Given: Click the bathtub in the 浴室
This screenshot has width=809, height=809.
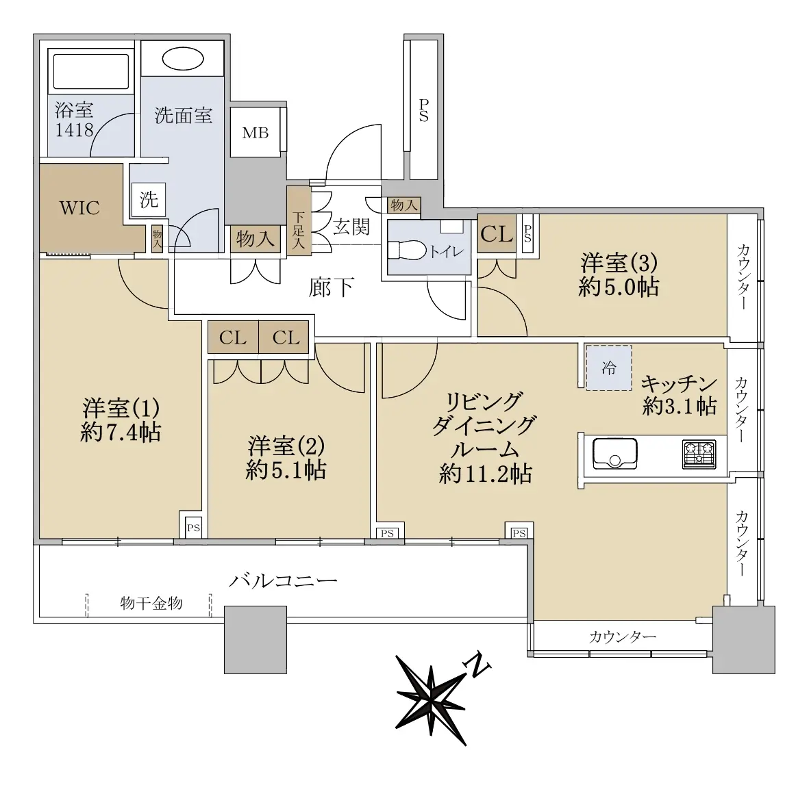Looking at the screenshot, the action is pos(91,71).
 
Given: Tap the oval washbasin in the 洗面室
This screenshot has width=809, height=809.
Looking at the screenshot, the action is pos(183,60).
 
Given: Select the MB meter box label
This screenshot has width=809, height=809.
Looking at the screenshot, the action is pos(256,133).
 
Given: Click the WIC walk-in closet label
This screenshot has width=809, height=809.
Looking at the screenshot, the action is pos(79,208).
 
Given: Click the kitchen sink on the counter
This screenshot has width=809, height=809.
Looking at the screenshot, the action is pos(614,453).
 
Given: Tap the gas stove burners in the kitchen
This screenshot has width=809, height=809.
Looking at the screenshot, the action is pos(699,454).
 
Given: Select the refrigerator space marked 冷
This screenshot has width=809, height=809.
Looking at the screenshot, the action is pos(609,368).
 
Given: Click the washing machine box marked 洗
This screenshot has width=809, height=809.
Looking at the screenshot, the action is pos(149,199).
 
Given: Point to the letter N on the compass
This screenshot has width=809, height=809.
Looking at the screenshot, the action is pos(477,666).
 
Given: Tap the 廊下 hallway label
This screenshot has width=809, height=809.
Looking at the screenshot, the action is pos(331,287).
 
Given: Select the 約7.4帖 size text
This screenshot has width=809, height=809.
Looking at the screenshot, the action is pos(121,432).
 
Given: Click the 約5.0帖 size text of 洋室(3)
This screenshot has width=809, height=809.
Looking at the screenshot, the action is pos(619,287).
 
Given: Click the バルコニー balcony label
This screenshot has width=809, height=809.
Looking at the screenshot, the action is pos(283,582).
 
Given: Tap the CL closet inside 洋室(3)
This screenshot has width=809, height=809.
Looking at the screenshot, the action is pos(497,234).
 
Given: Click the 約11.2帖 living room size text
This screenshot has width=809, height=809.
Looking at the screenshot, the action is pos(486,474).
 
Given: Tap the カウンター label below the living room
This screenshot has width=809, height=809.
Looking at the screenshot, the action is pos(623,637).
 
